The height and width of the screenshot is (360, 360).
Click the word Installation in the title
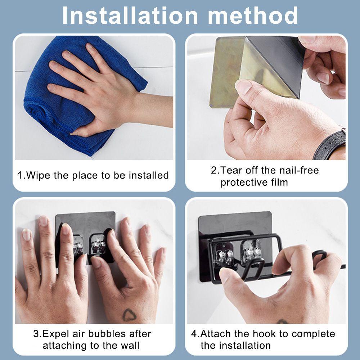point(130,15)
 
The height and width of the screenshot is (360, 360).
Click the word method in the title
point(253,15)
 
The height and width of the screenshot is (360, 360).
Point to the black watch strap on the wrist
point(330,143)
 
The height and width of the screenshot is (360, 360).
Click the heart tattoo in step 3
point(129,315)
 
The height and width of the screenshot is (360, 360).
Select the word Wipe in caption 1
point(38,175)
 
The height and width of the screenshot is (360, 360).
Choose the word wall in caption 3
point(130,346)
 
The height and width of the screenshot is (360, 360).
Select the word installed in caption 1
point(149,175)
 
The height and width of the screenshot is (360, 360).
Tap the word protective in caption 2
point(244,183)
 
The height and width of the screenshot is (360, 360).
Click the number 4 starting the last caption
point(194,334)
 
